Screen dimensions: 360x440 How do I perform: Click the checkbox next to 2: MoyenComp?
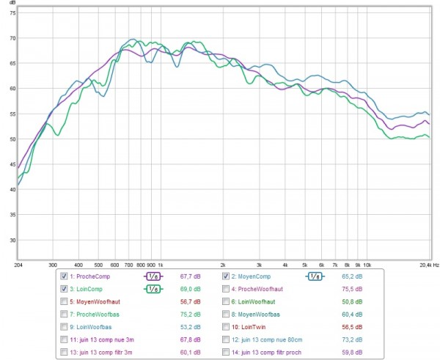click(x=227, y=276)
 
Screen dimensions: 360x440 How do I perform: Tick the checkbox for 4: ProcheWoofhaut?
click(x=227, y=289)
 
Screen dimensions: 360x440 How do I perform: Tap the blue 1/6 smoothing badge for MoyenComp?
click(x=315, y=276)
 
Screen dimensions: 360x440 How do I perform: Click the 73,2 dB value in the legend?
click(x=358, y=339)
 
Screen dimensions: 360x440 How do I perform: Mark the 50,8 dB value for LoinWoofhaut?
click(x=358, y=301)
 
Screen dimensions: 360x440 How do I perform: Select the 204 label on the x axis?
click(x=18, y=264)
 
